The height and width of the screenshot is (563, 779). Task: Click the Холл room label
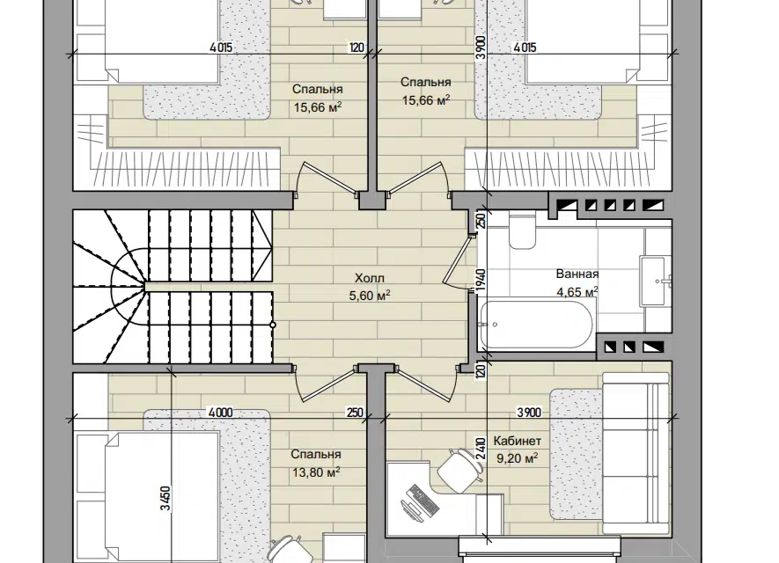[370, 277]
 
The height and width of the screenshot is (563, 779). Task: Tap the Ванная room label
[577, 274]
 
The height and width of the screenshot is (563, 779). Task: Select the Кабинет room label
[518, 441]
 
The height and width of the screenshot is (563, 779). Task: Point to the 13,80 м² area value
[316, 472]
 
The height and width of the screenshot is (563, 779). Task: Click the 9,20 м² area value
[518, 457]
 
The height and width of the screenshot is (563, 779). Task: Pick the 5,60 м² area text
[370, 296]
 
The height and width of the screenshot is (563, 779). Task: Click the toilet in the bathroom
[522, 230]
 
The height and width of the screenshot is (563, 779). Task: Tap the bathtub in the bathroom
[537, 325]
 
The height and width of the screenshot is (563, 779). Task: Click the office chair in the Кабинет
[460, 470]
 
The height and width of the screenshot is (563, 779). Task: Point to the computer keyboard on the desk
[423, 499]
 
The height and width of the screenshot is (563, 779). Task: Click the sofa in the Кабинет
[636, 453]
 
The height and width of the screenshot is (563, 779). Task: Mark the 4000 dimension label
[221, 413]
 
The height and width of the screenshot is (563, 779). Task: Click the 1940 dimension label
[481, 280]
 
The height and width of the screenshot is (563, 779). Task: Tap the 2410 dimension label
[481, 450]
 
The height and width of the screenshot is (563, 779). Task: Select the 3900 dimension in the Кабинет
[529, 413]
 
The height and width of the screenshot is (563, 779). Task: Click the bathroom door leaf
[456, 260]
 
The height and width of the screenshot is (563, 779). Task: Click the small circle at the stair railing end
[273, 325]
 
